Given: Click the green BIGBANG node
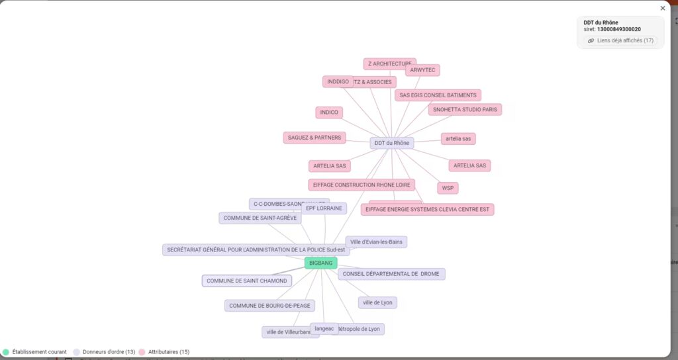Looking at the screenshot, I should pos(320,263).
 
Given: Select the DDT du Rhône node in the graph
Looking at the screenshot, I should pos(391,143).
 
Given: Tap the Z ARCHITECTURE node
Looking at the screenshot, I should pos(389,64).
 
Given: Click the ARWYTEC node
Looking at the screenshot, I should pos(422,70).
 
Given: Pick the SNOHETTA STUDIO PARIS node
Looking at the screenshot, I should pos(464,109).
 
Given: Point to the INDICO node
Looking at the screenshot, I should pos(329,112).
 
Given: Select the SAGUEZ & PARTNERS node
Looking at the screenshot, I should pos(315,138).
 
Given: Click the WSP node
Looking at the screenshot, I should pos(448,188).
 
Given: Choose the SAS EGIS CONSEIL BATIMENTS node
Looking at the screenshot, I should pos(438,95).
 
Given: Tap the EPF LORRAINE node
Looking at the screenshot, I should pos(324,208).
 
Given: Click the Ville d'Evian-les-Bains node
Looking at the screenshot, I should pos(376,242).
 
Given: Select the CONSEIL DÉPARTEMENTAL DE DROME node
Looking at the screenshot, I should pos(391,274).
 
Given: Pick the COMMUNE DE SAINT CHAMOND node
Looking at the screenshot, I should pos(247,281).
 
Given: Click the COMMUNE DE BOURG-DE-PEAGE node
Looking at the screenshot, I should pos(269,306).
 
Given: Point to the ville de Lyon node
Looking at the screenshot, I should pos(377,302).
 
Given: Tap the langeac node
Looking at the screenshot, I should pos(324,328).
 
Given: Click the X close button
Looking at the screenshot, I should pos(663,9).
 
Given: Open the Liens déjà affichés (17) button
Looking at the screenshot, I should pos(621,41).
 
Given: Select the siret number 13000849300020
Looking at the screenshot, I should pos(618,29).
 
